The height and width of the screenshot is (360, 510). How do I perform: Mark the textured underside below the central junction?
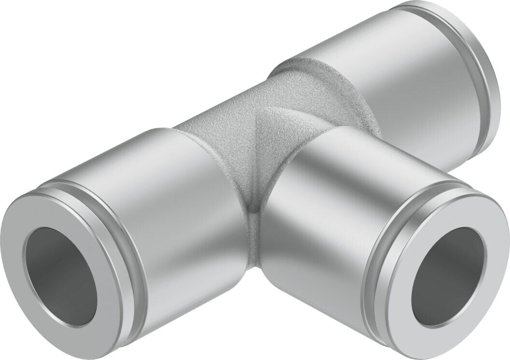click(x=251, y=241)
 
